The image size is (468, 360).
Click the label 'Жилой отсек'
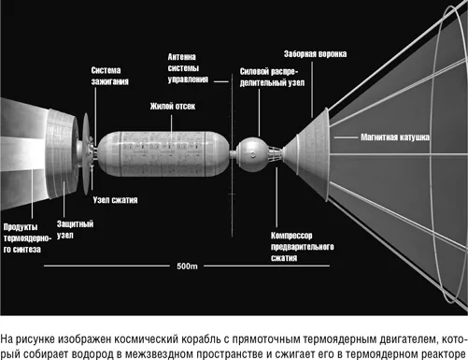[173, 107]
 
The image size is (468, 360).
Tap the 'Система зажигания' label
[109, 76]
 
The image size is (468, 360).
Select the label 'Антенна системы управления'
[188, 68]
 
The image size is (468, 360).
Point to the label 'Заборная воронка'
[315, 54]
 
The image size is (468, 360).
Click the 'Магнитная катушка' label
[395, 137]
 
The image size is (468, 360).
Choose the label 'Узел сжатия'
[115, 200]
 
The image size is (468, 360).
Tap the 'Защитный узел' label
[75, 229]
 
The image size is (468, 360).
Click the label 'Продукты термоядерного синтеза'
[27, 238]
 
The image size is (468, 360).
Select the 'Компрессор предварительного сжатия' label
[302, 247]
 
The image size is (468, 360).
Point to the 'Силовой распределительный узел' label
[272, 77]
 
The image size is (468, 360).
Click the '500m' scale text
[187, 266]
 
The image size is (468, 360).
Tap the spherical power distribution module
[252, 154]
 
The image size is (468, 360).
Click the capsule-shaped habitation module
[163, 154]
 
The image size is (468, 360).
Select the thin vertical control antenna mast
[232, 155]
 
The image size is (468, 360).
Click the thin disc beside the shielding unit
[86, 153]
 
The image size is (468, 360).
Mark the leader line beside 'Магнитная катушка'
[346, 137]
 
